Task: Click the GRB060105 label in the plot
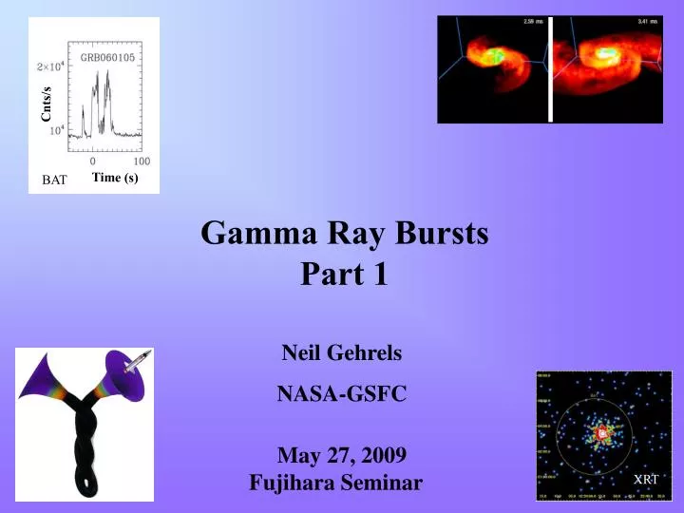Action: pos(106,56)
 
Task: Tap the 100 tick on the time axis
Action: pos(141,161)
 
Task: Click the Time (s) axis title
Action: pos(115,177)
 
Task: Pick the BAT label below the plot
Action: pos(54,180)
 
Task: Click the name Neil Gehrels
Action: pos(342,353)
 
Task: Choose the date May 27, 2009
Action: pos(342,454)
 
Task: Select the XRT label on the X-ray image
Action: pos(646,479)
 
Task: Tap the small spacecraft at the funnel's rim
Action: pos(139,357)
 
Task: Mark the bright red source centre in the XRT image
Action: pos(600,433)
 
